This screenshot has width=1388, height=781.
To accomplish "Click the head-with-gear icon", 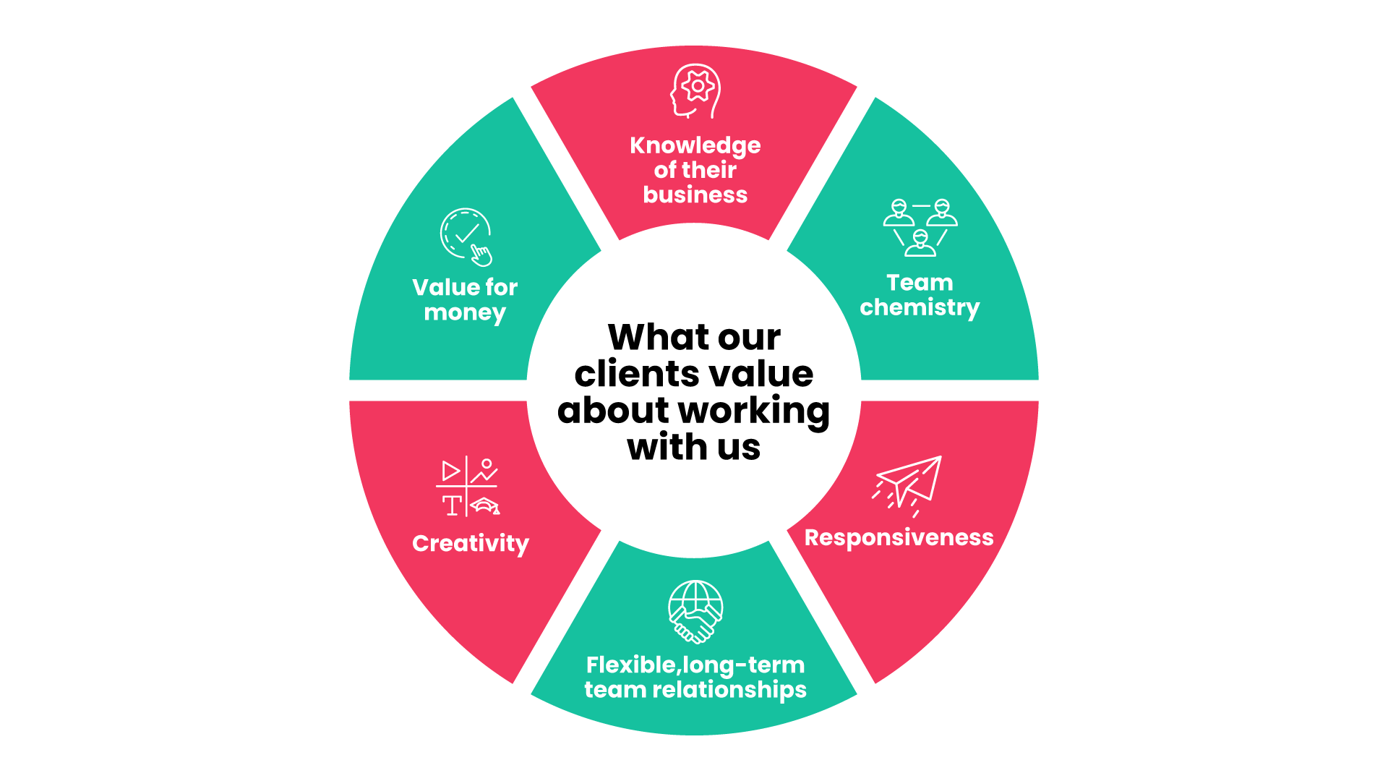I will [x=695, y=91].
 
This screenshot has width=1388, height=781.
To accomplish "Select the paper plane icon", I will [x=908, y=485].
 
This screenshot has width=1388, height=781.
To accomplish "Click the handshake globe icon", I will [x=695, y=612].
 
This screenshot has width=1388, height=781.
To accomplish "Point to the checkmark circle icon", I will [x=466, y=236].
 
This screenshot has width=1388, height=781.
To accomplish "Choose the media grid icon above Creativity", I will [x=468, y=487].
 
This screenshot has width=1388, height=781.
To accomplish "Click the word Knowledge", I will [x=695, y=145].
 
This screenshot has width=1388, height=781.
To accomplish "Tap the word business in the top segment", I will [x=695, y=195].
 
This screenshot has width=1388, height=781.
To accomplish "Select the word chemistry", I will [x=920, y=307].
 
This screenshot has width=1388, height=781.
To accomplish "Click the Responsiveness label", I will [x=899, y=537].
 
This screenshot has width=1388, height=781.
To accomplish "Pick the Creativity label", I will [x=471, y=543].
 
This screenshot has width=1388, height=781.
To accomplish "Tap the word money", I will [x=465, y=312].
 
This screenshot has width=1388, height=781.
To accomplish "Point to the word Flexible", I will [x=630, y=665].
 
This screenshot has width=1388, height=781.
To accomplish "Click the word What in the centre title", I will [x=659, y=337].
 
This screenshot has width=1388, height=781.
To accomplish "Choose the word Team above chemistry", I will [x=920, y=283].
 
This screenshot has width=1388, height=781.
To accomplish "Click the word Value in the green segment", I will [x=445, y=287].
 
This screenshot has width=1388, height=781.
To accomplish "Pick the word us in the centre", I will [x=739, y=447].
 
